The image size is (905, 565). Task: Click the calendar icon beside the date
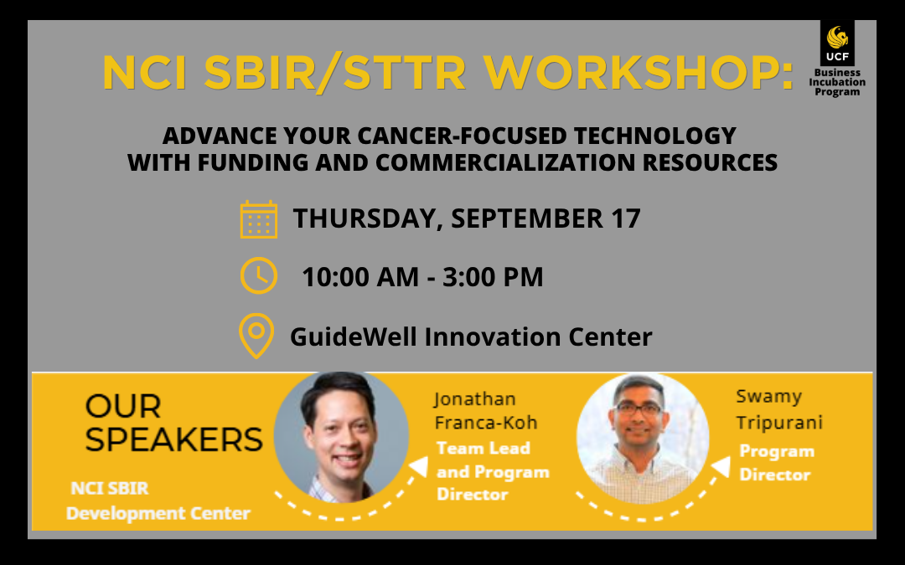259,219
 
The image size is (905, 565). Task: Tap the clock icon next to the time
259,275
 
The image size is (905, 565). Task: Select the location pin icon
256,336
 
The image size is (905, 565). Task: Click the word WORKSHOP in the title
639,73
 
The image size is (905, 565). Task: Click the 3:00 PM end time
493,277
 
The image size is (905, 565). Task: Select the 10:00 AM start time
360,277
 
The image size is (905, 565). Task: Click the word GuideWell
354,336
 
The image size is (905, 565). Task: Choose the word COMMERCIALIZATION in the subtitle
505,162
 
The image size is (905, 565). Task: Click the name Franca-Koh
486,423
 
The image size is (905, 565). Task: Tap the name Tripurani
779,424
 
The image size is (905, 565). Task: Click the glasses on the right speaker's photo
639,409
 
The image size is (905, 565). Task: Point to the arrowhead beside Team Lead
420,466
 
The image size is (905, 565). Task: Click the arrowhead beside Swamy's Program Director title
721,466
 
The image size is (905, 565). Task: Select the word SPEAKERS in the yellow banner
173,440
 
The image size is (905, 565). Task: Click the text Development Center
158,513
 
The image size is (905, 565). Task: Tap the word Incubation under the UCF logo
837,82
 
